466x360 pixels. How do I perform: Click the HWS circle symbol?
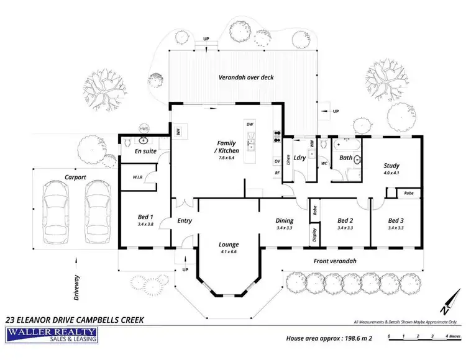[x=144, y=129]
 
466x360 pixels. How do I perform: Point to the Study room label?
[x=391, y=165]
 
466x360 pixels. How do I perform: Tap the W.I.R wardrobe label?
[x=138, y=176]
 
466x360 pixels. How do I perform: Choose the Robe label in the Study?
[x=408, y=193]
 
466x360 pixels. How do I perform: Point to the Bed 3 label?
[x=396, y=220]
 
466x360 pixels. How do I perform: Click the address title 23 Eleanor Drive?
[x=75, y=320]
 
